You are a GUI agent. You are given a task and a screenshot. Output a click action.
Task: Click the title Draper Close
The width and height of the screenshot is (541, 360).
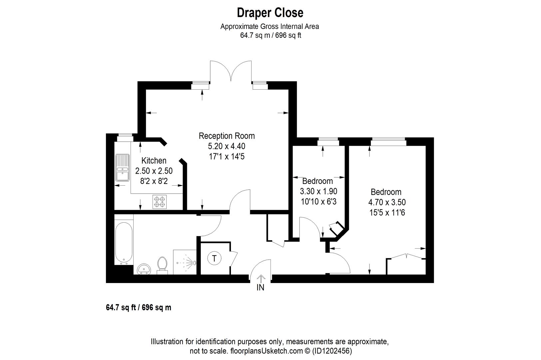(x=270, y=13)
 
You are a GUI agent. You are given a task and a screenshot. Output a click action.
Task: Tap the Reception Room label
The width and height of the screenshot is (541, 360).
(x=227, y=136)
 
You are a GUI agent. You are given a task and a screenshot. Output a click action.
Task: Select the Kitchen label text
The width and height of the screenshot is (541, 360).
(x=154, y=161)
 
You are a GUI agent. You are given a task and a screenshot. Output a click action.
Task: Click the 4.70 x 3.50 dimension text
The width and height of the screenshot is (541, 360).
(x=386, y=202)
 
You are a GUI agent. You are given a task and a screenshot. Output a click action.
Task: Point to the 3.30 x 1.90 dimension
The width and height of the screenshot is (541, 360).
(x=318, y=191)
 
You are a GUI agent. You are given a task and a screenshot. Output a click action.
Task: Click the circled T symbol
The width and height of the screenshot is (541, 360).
(x=214, y=258)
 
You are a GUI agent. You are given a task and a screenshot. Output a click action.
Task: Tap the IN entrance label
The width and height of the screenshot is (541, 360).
(x=260, y=288)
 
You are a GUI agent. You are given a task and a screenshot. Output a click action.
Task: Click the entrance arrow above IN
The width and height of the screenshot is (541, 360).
(x=261, y=278)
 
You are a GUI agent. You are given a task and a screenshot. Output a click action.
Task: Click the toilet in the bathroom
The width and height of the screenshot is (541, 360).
(x=162, y=264)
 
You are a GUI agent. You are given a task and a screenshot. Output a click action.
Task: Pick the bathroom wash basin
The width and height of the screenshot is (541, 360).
(x=144, y=269)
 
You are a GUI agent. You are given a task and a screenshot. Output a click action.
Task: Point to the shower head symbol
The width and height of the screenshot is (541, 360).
(x=189, y=262)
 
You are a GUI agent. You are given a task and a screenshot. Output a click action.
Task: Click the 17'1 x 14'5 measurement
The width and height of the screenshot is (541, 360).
(x=227, y=157)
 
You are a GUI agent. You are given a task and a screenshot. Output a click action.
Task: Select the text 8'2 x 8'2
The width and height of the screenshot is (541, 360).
(x=154, y=181)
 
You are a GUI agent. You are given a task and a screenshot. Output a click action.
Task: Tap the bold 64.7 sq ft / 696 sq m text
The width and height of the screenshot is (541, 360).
(x=139, y=308)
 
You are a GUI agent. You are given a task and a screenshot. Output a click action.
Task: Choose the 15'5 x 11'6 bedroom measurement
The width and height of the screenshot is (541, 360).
(x=386, y=213)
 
